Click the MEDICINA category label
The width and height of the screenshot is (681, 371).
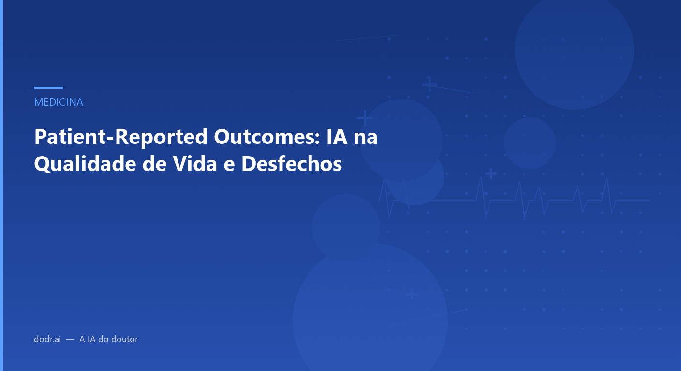[x=59, y=102]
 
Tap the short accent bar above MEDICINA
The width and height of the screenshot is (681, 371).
[x=48, y=88]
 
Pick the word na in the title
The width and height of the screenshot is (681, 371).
[x=366, y=138]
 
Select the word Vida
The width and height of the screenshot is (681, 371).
[x=196, y=164]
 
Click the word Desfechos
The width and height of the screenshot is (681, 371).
[x=292, y=164]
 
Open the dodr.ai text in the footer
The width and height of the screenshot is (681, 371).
[x=47, y=339]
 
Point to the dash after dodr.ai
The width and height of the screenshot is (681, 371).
[x=70, y=339]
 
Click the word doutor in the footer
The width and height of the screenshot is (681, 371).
[x=125, y=339]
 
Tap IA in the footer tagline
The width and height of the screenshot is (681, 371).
[x=91, y=339]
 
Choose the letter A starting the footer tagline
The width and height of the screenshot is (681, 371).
[x=82, y=339]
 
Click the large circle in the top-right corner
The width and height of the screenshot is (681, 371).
[x=574, y=49]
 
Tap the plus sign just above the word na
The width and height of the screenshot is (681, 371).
[x=365, y=117]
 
